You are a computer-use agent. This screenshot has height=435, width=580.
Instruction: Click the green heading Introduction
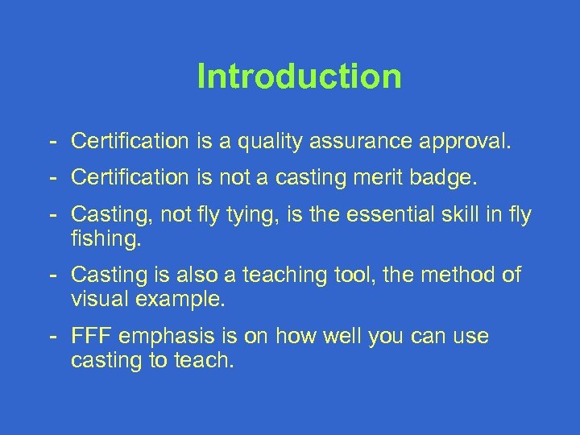pyautogui.click(x=299, y=77)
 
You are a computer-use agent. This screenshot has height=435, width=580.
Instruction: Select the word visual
pyautogui.click(x=101, y=300)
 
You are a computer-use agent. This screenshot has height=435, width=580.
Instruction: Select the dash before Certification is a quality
pyautogui.click(x=52, y=143)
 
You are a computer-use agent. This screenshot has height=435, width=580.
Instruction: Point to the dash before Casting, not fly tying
pyautogui.click(x=52, y=215)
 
